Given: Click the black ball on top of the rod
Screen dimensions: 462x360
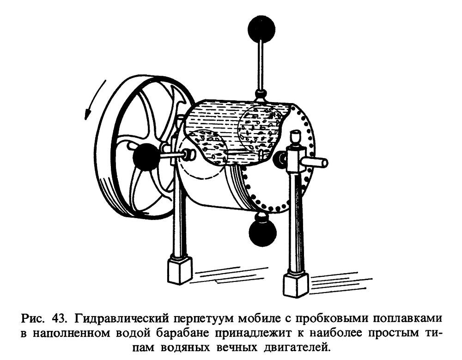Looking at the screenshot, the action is coord(261,29).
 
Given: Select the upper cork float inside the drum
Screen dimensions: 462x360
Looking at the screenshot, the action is coord(259,130).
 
